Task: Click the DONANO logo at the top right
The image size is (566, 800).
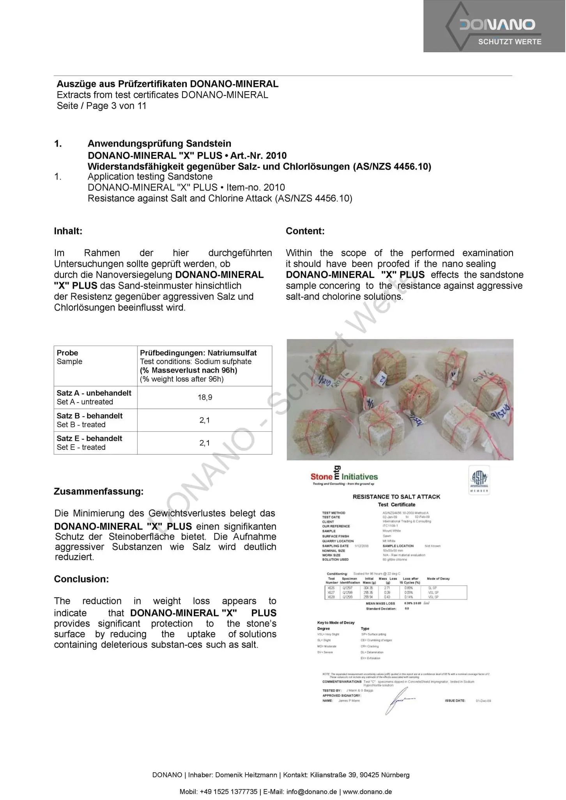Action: pyautogui.click(x=497, y=25)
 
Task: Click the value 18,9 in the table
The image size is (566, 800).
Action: pyautogui.click(x=205, y=397)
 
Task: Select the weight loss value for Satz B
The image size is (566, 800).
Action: pyautogui.click(x=205, y=420)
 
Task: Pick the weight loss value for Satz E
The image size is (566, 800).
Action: pyautogui.click(x=205, y=443)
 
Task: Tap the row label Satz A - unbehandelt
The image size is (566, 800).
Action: pyautogui.click(x=94, y=393)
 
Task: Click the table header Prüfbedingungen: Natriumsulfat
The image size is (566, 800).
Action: pyautogui.click(x=198, y=353)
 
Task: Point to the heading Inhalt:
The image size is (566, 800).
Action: pyautogui.click(x=68, y=231)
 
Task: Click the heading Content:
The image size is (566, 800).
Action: pyautogui.click(x=305, y=231)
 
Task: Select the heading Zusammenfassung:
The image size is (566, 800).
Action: pyautogui.click(x=99, y=491)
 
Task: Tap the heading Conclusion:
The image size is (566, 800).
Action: pyautogui.click(x=81, y=579)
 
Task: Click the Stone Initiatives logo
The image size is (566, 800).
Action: pyautogui.click(x=344, y=476)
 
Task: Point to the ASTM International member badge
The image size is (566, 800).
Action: pyautogui.click(x=479, y=479)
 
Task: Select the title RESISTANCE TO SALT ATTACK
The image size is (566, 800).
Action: pyautogui.click(x=396, y=497)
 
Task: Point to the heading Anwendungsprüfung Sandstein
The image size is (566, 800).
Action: pyautogui.click(x=159, y=143)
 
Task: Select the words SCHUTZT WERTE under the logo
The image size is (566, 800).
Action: pyautogui.click(x=509, y=42)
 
